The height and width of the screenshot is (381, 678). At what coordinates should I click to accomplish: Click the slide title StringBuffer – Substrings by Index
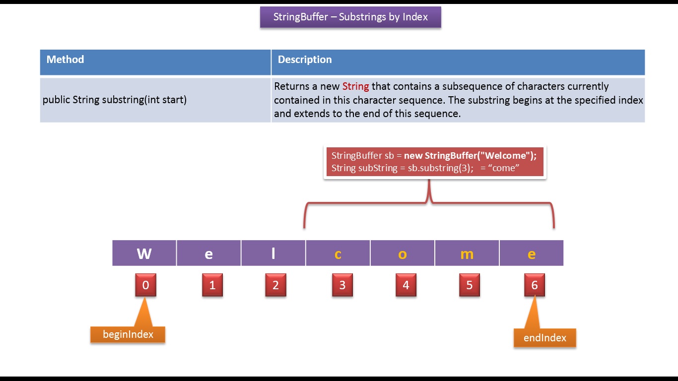350,17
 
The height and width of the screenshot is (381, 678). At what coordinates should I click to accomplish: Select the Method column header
65,60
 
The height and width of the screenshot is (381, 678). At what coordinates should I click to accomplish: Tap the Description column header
305,60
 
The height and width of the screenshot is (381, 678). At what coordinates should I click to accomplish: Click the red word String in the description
355,86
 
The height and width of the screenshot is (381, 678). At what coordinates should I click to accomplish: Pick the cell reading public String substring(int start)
115,100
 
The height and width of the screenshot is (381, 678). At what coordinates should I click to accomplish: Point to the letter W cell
144,254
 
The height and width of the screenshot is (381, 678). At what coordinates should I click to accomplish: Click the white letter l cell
273,254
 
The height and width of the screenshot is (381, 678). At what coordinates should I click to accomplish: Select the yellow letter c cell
338,254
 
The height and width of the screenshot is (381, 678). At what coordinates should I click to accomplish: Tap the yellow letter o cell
402,254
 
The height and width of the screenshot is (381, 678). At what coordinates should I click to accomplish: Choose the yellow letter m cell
467,254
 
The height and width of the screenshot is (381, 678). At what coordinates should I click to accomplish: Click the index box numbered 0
145,285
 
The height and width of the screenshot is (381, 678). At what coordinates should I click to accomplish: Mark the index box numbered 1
212,285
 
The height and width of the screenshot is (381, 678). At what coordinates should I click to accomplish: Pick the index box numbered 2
275,285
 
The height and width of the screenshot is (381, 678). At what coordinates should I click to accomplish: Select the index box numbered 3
342,285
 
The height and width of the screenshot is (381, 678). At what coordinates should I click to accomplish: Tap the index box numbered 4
406,285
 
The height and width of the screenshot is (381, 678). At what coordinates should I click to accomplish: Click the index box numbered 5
470,285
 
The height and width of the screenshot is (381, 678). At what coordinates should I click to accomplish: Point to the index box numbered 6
534,285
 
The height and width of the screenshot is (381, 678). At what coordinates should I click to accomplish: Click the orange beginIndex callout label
128,334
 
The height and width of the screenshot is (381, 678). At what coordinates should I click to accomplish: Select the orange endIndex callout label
544,338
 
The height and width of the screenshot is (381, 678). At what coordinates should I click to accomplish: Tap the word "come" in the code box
504,168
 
